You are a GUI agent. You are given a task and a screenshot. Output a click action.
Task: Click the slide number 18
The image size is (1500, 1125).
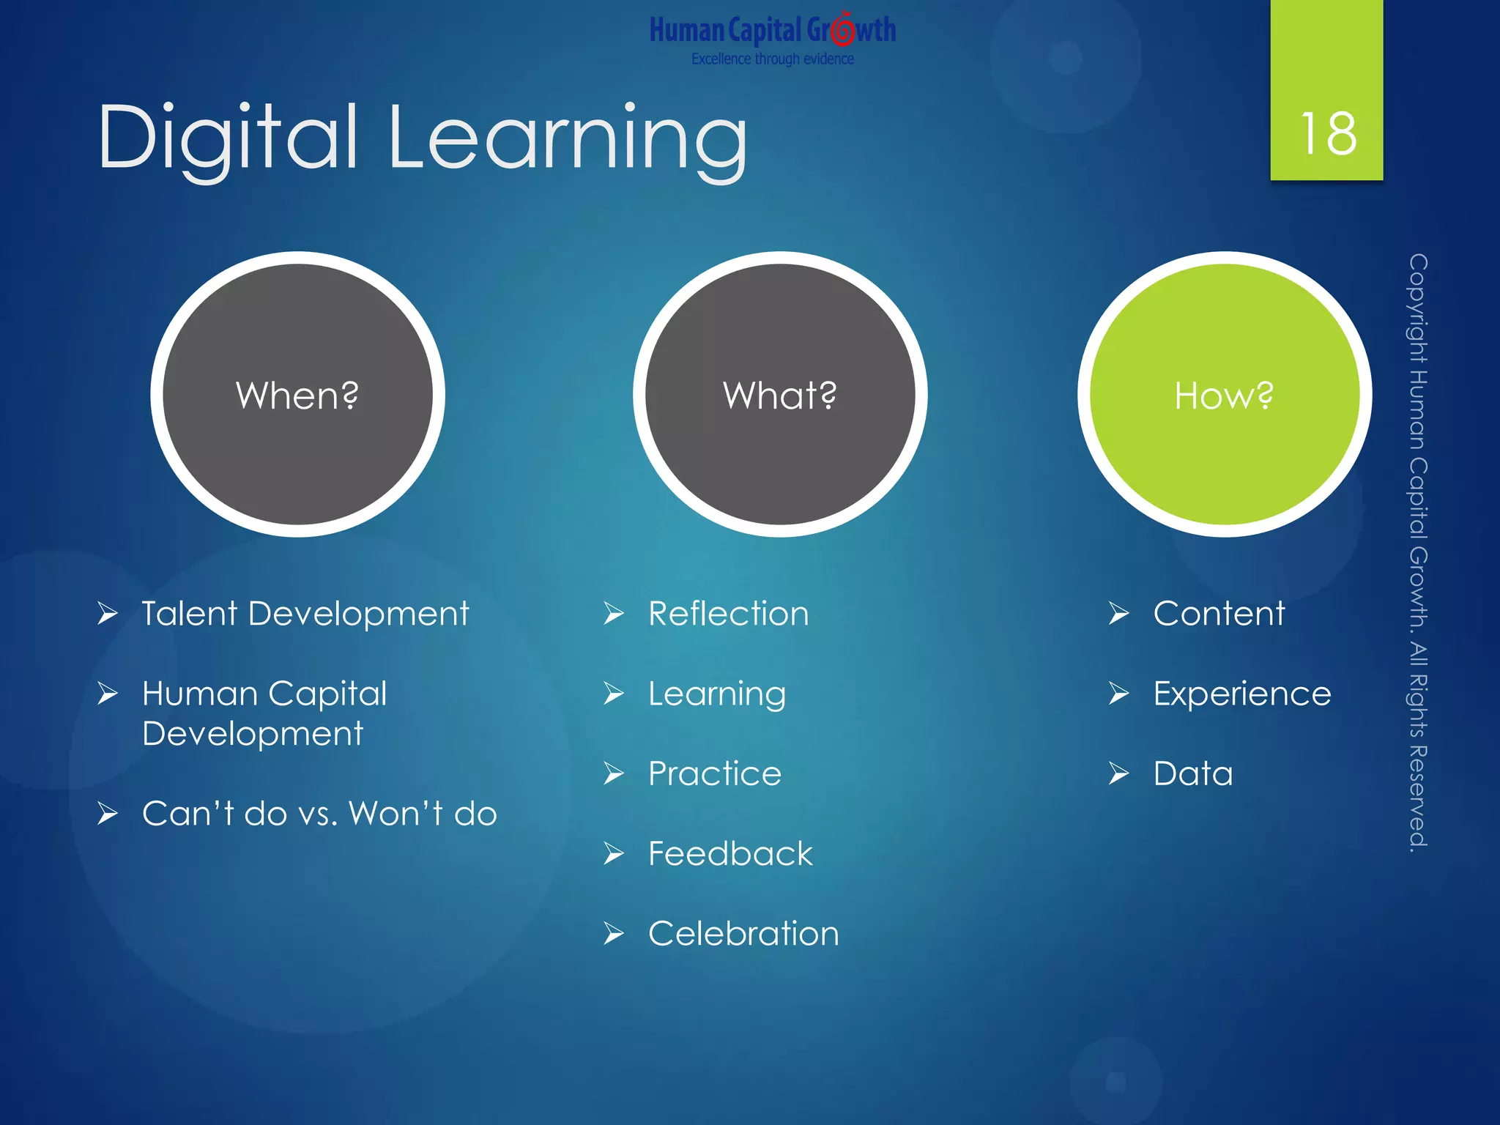tap(1327, 134)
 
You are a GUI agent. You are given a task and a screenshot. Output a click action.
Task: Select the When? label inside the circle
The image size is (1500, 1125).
tap(297, 396)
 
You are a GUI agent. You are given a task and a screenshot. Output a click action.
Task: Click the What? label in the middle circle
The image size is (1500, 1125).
tap(779, 396)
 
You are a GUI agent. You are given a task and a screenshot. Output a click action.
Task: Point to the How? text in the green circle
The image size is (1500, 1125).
tap(1224, 396)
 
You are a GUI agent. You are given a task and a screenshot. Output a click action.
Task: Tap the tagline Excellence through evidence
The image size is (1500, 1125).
tap(772, 59)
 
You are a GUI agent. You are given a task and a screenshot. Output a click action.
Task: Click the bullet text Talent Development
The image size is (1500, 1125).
tap(305, 614)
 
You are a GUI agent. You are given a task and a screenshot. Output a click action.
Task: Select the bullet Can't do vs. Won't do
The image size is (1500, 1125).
tap(319, 814)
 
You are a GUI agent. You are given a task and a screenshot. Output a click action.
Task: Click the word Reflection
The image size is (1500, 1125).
tap(728, 614)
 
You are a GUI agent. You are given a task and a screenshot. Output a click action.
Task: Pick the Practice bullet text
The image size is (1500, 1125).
tap(715, 774)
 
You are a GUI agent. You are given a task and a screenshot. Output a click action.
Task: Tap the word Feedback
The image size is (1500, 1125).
tap(730, 854)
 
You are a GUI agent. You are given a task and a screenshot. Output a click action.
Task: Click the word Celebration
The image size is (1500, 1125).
tap(743, 934)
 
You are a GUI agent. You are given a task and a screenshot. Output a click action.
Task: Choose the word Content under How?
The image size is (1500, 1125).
tap(1219, 614)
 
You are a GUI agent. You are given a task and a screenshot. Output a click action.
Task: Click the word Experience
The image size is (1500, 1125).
tap(1242, 694)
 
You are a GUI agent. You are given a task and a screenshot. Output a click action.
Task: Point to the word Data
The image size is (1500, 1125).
tap(1193, 774)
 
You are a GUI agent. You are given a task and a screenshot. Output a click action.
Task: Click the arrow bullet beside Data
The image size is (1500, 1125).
tap(1118, 773)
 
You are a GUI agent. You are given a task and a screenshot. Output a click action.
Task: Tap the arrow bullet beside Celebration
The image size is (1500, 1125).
tap(614, 934)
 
